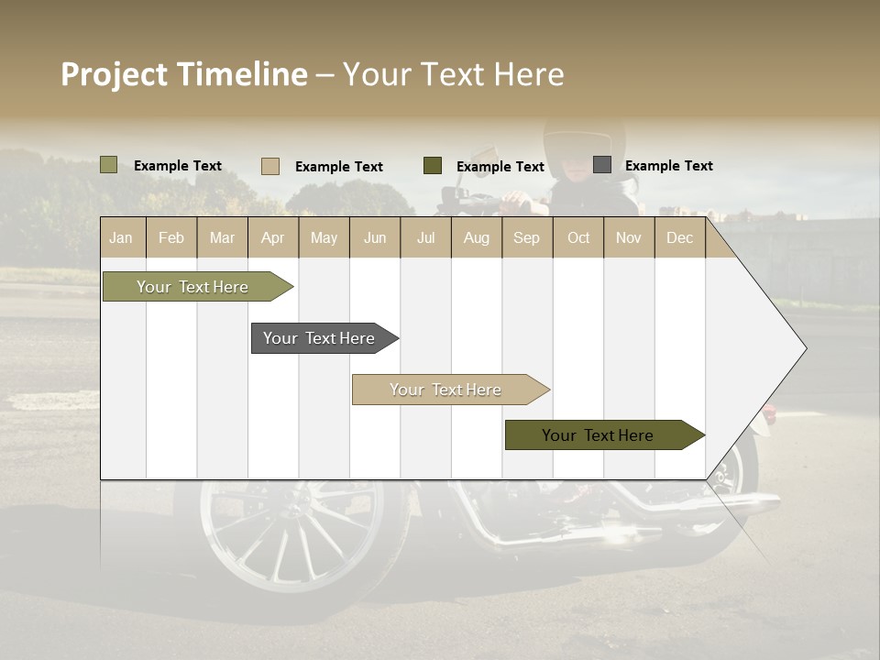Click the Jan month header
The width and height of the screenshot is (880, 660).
tap(121, 237)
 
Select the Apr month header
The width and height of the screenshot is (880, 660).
tap(273, 237)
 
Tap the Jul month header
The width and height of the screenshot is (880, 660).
tap(425, 237)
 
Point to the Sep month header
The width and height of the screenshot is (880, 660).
tap(526, 237)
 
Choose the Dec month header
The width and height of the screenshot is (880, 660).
tap(679, 237)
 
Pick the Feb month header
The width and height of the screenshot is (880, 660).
tap(171, 237)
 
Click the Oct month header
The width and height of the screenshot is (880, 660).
tap(578, 237)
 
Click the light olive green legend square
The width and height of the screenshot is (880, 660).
tap(109, 165)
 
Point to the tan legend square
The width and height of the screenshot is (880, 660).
tap(270, 166)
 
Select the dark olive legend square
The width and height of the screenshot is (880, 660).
tap(433, 166)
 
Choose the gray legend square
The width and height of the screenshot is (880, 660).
tap(602, 165)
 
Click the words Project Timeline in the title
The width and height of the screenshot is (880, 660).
tap(184, 74)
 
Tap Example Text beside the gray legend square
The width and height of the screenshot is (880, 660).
tap(669, 166)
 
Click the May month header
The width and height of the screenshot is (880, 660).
tap(324, 237)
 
